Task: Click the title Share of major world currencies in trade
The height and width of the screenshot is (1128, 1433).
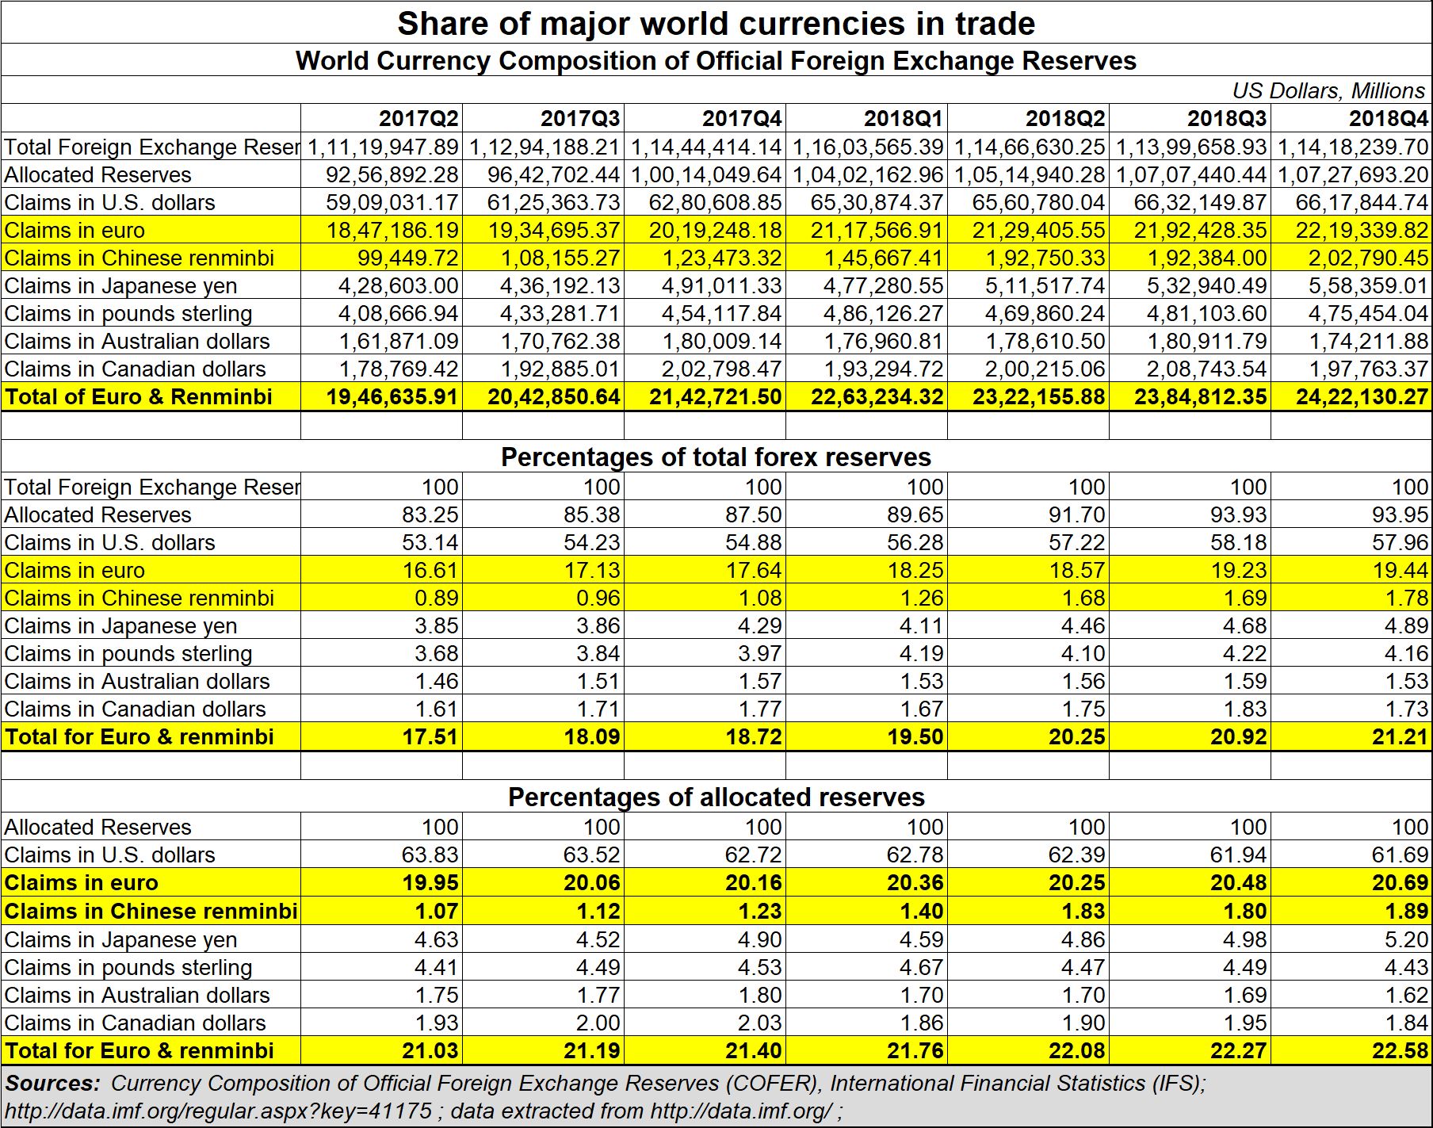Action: (x=716, y=24)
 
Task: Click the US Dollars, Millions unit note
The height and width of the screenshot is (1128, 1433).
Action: (x=1329, y=90)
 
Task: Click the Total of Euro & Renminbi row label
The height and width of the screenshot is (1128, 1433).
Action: (x=139, y=396)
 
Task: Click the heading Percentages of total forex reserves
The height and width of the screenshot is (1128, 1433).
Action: (x=716, y=457)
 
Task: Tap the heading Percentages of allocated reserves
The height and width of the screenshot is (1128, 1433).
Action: (x=716, y=797)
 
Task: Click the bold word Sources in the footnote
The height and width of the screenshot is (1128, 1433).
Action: (x=53, y=1083)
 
